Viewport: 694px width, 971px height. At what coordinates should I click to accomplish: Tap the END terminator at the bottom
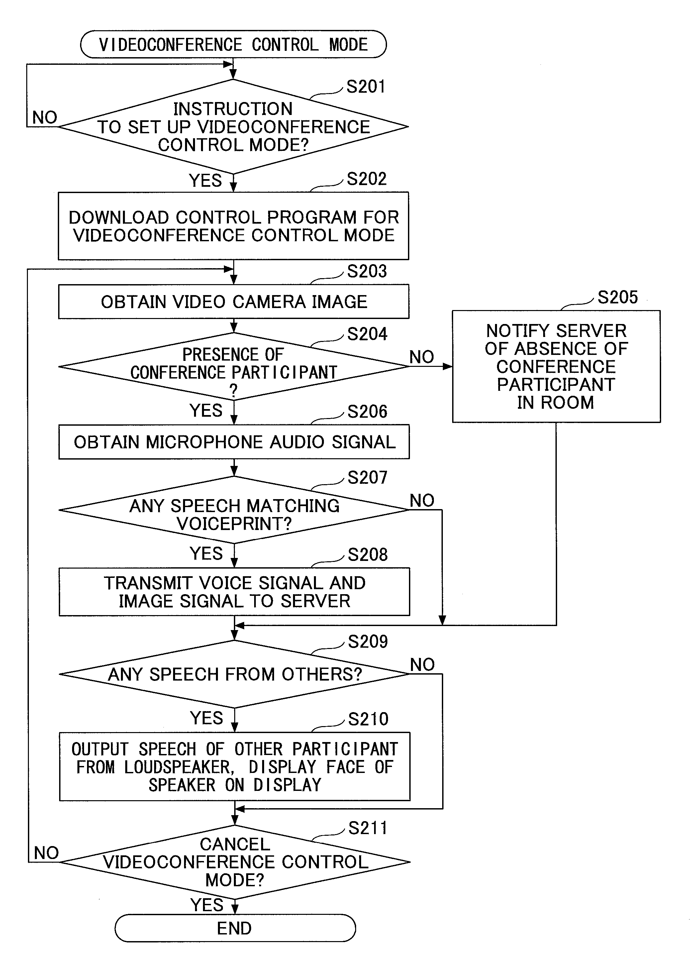235,928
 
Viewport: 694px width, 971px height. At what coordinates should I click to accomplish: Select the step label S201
366,87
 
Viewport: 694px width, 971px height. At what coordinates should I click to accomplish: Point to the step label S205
618,297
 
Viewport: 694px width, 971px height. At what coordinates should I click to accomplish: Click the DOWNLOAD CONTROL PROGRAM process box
233,226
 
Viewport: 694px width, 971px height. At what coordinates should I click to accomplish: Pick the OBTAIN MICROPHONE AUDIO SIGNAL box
234,442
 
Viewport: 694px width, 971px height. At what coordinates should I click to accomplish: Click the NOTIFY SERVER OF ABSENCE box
556,366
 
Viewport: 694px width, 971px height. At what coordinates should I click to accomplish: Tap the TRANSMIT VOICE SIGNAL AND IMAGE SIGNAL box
234,592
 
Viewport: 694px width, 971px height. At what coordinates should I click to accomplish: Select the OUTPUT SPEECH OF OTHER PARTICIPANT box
235,766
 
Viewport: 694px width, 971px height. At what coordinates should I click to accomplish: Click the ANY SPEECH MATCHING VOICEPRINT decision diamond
234,509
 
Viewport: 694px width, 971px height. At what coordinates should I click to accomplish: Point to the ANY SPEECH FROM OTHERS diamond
234,674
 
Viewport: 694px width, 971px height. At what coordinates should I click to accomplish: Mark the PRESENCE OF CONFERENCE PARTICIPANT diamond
234,366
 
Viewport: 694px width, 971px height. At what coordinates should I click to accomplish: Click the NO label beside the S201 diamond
45,118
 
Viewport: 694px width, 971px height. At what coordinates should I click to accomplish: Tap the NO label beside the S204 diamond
422,357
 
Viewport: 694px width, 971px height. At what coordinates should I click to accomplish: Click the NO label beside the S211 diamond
46,853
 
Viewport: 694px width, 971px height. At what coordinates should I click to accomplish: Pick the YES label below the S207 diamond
206,553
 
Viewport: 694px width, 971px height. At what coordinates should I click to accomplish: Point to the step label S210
368,719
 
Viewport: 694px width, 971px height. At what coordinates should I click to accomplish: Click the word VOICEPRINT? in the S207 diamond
235,523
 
